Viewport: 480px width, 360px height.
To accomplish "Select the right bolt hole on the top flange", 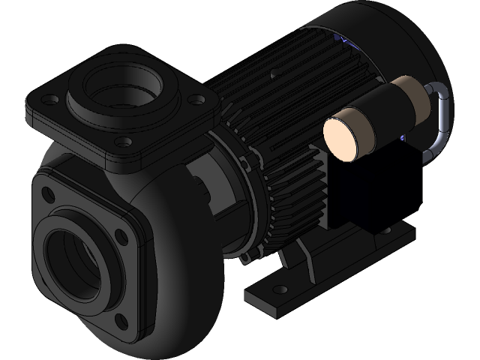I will (x=196, y=98).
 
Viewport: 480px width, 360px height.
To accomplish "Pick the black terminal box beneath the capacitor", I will (x=367, y=187).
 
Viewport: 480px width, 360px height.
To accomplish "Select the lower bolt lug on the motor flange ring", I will (x=244, y=259).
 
